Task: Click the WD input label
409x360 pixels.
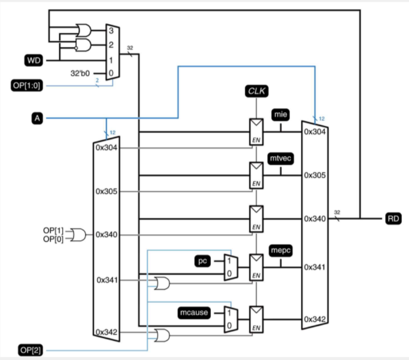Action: pyautogui.click(x=34, y=61)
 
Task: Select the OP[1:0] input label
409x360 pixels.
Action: pyautogui.click(x=26, y=86)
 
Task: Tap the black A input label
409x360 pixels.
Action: pyautogui.click(x=37, y=118)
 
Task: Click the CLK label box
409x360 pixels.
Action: pyautogui.click(x=257, y=91)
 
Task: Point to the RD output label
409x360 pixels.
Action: pyautogui.click(x=394, y=218)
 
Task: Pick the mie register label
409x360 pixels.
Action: pyautogui.click(x=281, y=115)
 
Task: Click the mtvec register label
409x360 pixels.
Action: pyautogui.click(x=281, y=159)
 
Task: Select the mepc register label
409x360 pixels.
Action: pyautogui.click(x=281, y=251)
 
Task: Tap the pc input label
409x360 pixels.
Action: pyautogui.click(x=203, y=261)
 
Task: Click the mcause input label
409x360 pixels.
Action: pyautogui.click(x=194, y=313)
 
